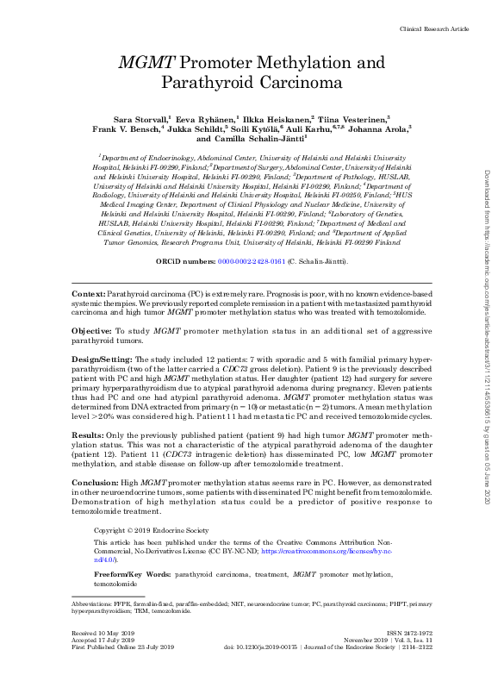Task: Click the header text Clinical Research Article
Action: (434, 29)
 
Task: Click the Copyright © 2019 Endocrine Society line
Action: (152, 529)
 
